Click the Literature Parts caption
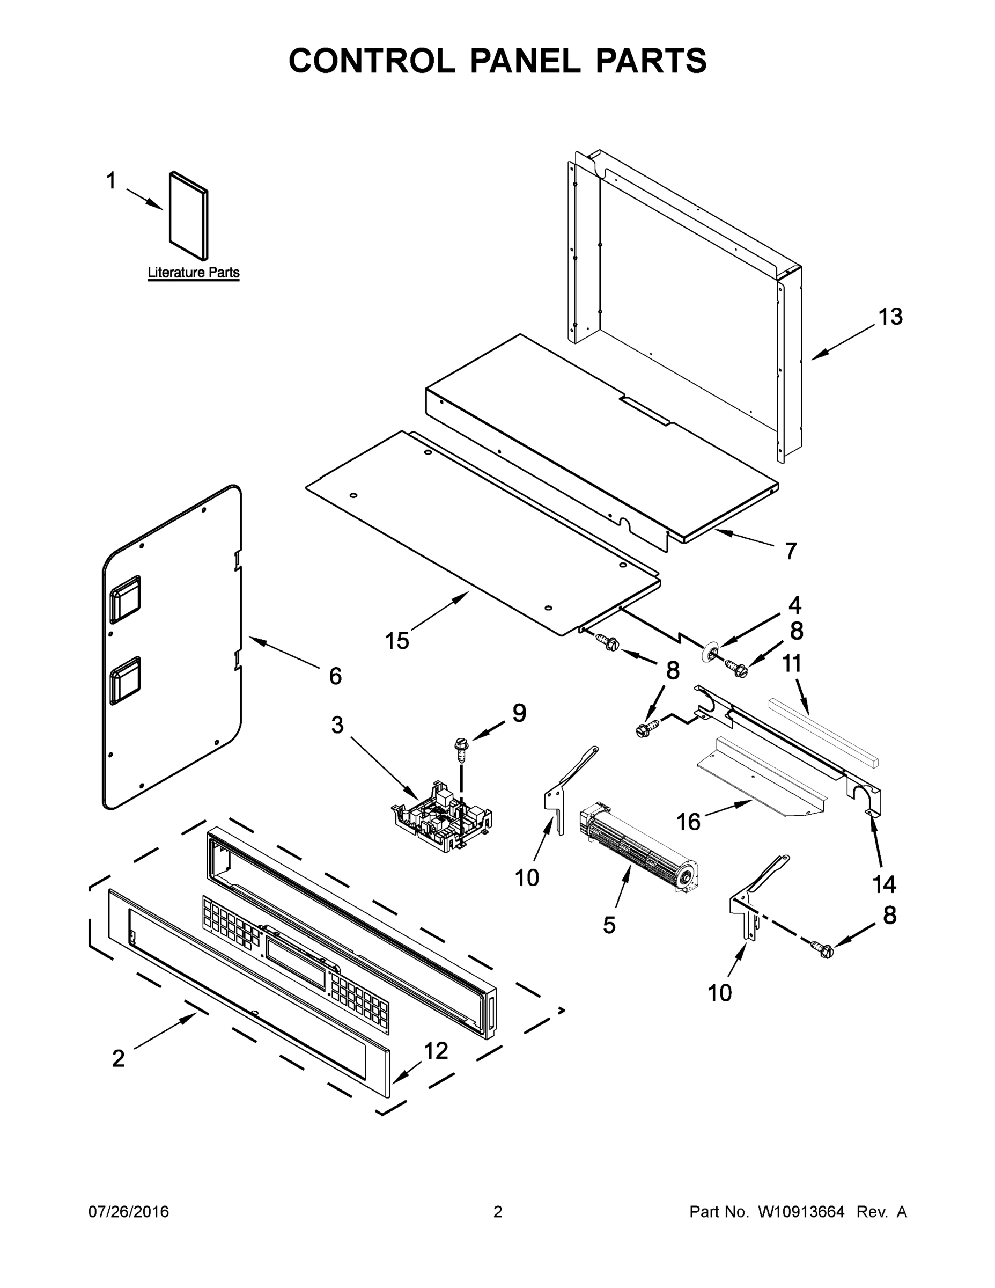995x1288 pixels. [193, 273]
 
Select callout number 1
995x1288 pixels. [111, 181]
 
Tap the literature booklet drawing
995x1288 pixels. [189, 216]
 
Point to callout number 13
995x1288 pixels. [890, 317]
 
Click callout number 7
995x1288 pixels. [791, 551]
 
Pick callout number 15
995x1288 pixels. [397, 640]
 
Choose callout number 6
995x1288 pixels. [335, 676]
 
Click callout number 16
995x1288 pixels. [688, 821]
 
